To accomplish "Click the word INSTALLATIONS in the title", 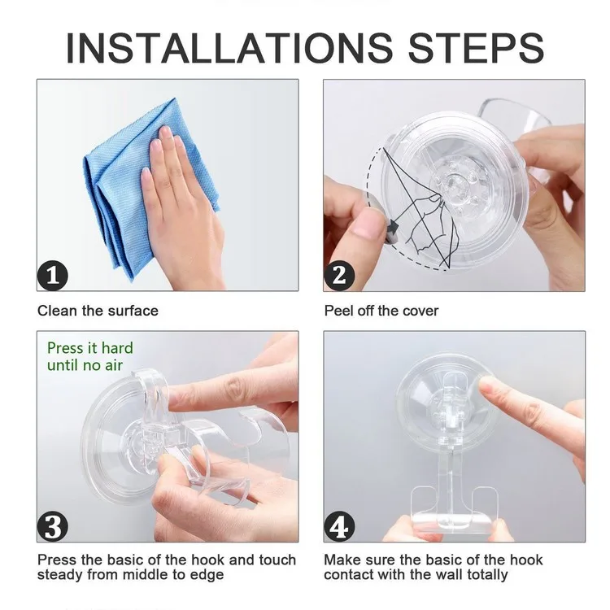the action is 229,48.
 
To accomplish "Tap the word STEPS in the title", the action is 476,48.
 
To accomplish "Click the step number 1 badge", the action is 53,276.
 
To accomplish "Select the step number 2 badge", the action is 339,276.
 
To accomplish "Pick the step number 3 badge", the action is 53,526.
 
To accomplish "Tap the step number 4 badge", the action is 339,526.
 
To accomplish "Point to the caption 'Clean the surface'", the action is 98,311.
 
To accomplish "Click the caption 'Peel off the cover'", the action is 381,311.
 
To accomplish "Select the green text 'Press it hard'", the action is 89,348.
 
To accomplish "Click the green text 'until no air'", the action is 85,365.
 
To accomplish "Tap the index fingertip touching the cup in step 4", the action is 486,386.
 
